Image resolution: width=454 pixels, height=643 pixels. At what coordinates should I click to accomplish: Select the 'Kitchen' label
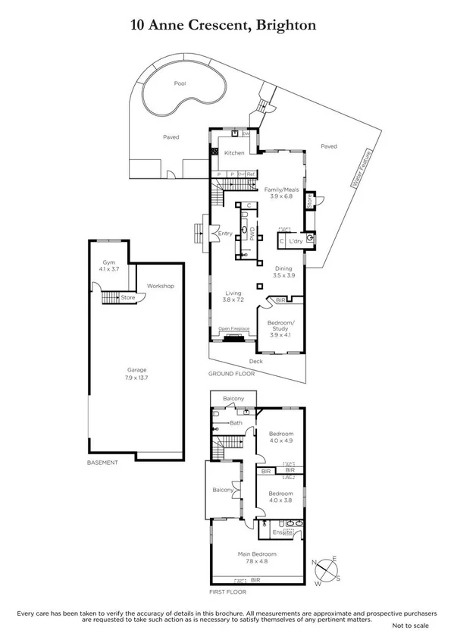(x=233, y=153)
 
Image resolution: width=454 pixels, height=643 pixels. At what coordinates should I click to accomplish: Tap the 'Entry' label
(x=225, y=234)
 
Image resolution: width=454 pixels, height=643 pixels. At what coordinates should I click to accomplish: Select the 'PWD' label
(x=253, y=233)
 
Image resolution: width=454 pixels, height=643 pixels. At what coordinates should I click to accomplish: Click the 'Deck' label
(x=256, y=361)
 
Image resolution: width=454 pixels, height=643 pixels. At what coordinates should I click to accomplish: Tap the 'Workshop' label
(x=161, y=286)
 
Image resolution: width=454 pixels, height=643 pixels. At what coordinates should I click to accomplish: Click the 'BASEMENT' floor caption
(x=102, y=463)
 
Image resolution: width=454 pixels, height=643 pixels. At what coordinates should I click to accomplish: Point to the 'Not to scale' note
(x=410, y=626)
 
